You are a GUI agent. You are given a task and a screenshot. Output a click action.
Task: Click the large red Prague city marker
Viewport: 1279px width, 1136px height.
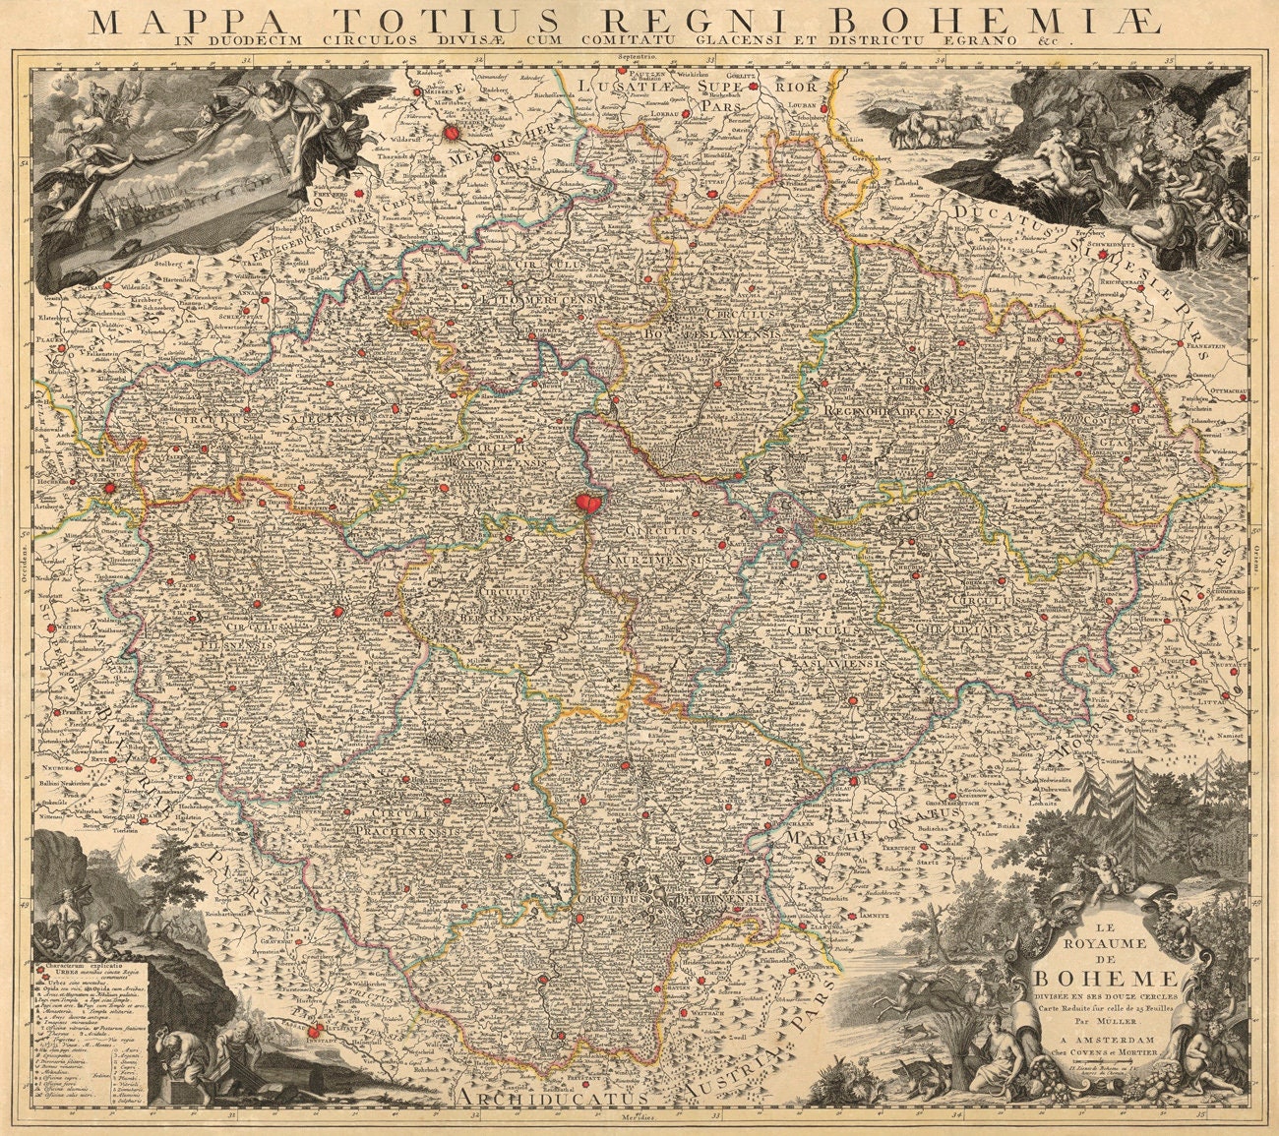[x=587, y=503]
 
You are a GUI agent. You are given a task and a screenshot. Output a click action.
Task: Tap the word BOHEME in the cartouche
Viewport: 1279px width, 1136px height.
[x=1105, y=977]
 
